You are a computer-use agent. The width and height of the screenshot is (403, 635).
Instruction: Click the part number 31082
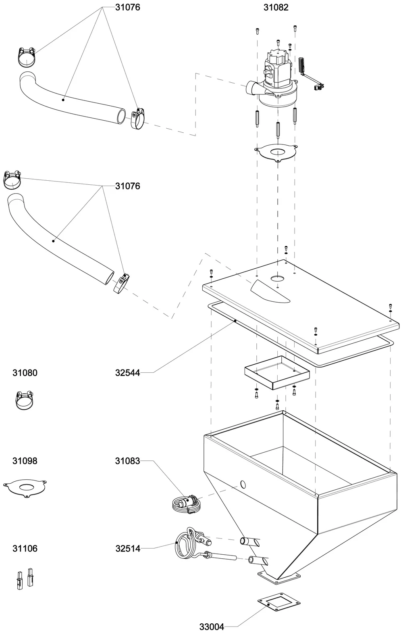click(276, 7)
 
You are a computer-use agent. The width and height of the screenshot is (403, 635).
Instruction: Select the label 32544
click(127, 373)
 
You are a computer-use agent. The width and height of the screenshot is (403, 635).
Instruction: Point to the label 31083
click(127, 461)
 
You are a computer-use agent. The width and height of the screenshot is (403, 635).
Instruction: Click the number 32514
click(128, 549)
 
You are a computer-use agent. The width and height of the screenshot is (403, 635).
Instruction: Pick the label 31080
click(25, 373)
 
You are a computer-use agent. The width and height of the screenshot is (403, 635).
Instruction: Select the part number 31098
click(25, 461)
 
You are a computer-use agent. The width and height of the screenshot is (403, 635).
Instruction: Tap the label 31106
click(25, 549)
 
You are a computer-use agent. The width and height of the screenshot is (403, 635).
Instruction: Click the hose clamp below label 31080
click(25, 400)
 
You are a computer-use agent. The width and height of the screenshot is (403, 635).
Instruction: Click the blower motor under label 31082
click(270, 81)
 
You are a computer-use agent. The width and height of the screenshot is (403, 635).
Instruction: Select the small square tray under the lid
click(277, 373)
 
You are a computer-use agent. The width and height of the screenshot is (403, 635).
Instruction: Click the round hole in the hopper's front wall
click(243, 485)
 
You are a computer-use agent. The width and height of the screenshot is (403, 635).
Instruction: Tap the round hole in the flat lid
click(277, 278)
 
